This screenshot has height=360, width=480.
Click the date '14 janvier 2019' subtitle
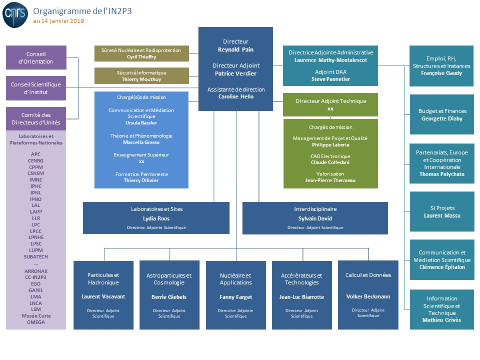point(58,21)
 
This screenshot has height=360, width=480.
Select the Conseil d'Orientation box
point(36,58)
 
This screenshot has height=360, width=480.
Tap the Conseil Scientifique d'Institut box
point(36,88)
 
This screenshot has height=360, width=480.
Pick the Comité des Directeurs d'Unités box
point(36,119)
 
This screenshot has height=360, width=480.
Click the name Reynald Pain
point(236,49)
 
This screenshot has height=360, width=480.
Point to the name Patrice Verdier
point(236,73)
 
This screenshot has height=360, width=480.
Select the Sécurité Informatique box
point(142,76)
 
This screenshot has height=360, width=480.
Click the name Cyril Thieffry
point(142,57)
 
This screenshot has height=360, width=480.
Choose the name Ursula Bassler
point(142,123)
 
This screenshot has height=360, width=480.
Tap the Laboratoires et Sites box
point(156,218)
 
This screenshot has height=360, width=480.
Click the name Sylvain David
point(315,218)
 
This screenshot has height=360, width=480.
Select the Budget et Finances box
point(442,114)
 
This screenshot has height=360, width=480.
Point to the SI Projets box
point(442,211)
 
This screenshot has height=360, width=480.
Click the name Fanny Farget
point(236,297)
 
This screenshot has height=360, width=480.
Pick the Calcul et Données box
point(368,295)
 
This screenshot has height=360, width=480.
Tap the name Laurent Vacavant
point(103,297)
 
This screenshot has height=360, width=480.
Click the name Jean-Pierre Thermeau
point(330,180)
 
